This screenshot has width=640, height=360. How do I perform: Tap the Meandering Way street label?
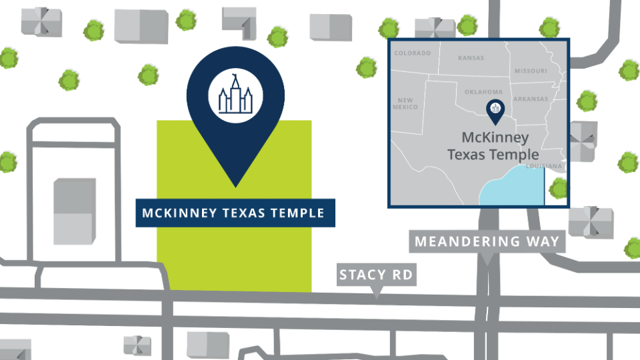(487, 241)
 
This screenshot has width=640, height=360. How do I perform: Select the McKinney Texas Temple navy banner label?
(235, 213)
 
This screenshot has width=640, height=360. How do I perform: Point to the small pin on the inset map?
(495, 111)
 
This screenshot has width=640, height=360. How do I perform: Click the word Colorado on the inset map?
(413, 53)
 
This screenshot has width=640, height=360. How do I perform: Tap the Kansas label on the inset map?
(471, 58)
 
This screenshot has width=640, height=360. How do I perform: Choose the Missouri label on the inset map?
(531, 71)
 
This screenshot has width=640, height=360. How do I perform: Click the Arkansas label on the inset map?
(531, 99)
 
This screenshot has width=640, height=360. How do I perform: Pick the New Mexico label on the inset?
(405, 103)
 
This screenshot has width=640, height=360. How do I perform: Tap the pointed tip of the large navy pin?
(235, 185)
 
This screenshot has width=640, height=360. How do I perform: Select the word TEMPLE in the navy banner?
(297, 213)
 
